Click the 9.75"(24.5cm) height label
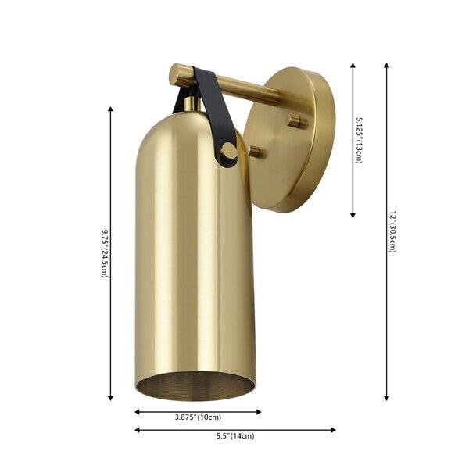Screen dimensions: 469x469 pos(104,253)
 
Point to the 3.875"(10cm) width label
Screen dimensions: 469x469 pos(199,417)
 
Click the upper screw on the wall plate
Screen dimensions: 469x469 pos(295,121)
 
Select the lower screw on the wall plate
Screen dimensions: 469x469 pos(256,152)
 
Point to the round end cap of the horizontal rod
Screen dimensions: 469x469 pos(176,74)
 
